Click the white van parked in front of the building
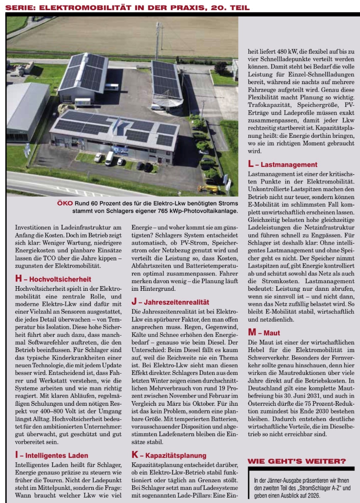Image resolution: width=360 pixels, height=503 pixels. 109,158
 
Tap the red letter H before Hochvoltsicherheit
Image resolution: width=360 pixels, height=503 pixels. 18,279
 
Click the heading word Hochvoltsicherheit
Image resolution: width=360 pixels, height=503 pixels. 60,279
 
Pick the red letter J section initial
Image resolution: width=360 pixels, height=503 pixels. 134,302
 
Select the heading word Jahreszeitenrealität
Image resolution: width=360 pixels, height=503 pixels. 176,302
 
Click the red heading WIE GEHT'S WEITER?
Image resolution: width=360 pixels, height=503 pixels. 297,461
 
